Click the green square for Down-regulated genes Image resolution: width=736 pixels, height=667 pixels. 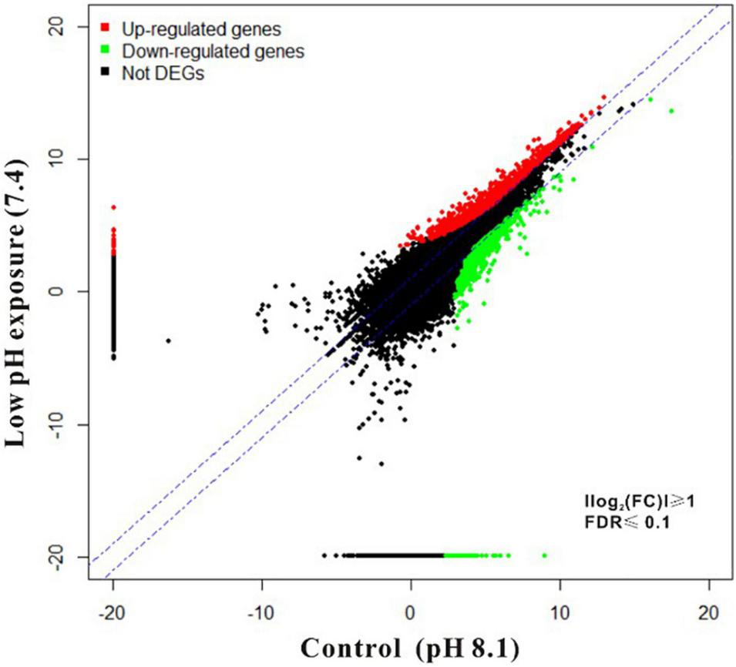point(105,52)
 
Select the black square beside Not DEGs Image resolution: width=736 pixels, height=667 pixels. point(105,74)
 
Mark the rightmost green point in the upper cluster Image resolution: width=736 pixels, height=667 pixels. point(671,111)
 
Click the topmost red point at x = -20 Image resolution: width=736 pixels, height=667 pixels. point(113,207)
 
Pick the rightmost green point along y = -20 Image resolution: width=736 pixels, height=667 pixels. point(544,555)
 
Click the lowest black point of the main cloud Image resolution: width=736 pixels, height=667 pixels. point(381,464)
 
